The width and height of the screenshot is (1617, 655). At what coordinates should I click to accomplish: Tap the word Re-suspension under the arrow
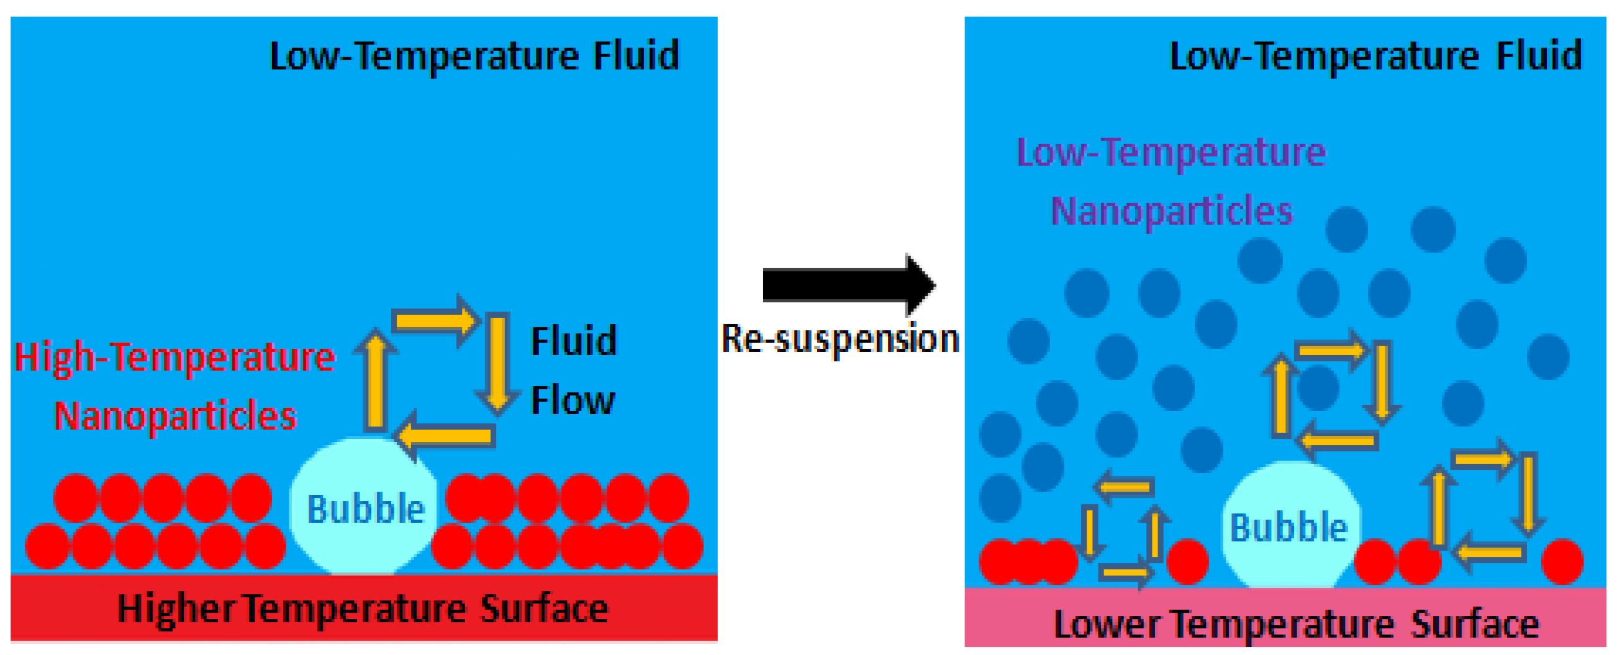[840, 340]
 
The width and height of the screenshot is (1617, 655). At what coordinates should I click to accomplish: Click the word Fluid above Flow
[574, 341]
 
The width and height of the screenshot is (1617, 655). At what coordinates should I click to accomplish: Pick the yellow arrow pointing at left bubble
[446, 435]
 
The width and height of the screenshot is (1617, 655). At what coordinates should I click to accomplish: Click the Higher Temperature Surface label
[363, 608]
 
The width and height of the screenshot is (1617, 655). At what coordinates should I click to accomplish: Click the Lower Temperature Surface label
[1296, 624]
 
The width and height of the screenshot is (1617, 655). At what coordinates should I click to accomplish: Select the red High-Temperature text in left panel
[174, 357]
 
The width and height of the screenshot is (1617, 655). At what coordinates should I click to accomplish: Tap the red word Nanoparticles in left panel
[174, 415]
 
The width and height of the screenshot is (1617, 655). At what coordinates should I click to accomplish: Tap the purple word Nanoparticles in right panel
[1171, 211]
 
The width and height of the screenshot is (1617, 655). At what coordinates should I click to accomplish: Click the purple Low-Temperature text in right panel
[1171, 153]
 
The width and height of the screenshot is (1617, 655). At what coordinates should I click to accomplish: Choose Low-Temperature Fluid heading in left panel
[474, 56]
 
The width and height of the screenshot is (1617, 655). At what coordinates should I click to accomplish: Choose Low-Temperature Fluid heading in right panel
[1376, 56]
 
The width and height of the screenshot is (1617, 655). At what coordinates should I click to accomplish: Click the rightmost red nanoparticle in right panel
[1562, 561]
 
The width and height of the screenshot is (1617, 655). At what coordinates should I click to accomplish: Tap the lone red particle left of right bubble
[1187, 561]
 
